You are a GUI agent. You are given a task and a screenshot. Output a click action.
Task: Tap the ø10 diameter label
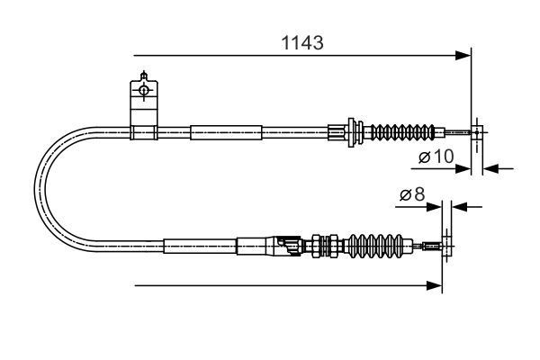click(x=436, y=157)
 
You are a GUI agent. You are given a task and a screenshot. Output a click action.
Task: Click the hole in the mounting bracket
click(x=143, y=90)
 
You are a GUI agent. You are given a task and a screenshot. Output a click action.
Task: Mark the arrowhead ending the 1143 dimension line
click(x=464, y=56)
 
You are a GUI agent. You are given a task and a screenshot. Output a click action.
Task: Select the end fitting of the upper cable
click(x=475, y=133)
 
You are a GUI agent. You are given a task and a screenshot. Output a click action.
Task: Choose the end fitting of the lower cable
click(x=436, y=244)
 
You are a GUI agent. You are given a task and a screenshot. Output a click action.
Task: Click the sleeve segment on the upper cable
click(x=225, y=133)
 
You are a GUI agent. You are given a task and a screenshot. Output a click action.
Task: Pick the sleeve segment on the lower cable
click(x=199, y=244)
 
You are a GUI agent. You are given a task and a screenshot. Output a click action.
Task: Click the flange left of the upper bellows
click(x=352, y=133)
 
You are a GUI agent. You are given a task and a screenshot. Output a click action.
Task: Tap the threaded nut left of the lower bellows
click(x=320, y=244)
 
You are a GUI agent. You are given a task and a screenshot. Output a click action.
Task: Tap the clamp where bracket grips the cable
click(x=143, y=133)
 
